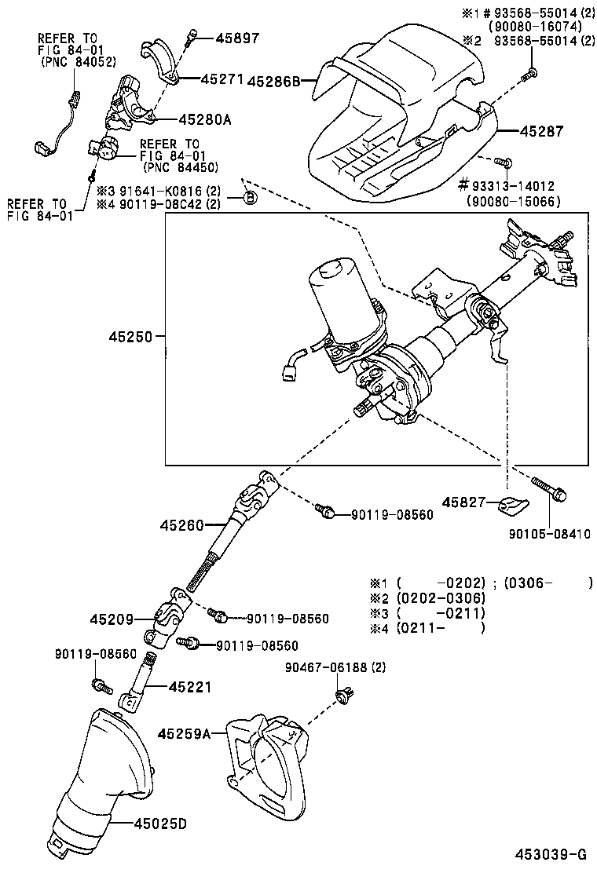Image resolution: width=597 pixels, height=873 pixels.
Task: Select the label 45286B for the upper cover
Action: pos(274,80)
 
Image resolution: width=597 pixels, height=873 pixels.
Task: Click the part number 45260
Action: pos(182,524)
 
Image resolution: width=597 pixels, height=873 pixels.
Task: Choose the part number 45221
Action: pos(189,687)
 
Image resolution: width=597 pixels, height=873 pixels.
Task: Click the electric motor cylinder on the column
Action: pos(339,298)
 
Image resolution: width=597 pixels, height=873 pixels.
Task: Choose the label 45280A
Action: pos(205,119)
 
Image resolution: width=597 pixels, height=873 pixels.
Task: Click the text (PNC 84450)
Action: pos(180,166)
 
